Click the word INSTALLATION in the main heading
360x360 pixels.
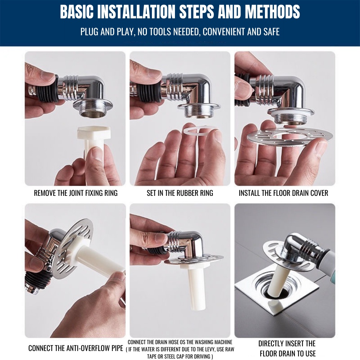click(x=136, y=12)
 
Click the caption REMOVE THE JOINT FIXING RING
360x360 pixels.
click(x=76, y=193)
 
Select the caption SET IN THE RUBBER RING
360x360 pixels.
click(x=180, y=193)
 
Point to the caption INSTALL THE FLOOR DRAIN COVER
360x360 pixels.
click(x=284, y=193)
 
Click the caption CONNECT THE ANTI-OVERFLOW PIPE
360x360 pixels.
click(x=76, y=348)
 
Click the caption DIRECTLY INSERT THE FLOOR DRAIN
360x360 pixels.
click(x=287, y=348)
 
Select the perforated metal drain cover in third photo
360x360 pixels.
click(x=290, y=136)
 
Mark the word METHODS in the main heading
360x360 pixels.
click(x=272, y=12)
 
